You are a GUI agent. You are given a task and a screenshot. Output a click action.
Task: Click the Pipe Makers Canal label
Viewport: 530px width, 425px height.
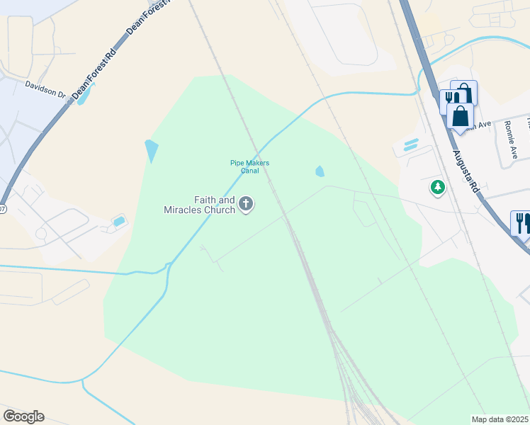249,166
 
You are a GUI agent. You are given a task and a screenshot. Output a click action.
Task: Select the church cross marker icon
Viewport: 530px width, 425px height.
246,205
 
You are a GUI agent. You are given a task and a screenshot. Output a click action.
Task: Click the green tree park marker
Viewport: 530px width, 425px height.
438,188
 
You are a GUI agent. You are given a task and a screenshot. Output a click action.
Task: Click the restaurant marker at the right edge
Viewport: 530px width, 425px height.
521,222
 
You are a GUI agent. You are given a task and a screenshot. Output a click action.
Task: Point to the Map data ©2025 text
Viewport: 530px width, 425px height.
500,419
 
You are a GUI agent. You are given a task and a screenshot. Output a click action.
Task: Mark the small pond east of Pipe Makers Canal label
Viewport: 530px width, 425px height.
320,171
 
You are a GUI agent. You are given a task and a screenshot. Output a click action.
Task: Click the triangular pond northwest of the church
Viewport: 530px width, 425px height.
152,151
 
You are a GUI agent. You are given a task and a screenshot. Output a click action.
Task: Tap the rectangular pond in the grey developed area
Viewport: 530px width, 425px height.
119,222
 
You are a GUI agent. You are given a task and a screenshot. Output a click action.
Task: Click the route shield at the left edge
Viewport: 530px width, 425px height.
2,209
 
